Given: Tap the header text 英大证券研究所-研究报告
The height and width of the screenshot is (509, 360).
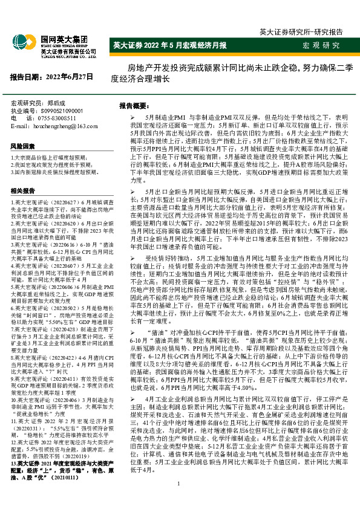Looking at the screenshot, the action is click(x=301, y=31).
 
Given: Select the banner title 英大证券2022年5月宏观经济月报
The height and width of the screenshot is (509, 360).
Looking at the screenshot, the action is click(x=170, y=46).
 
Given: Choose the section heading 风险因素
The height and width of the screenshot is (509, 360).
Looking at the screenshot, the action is click(x=23, y=146).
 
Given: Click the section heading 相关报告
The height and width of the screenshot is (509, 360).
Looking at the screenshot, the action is click(x=23, y=191).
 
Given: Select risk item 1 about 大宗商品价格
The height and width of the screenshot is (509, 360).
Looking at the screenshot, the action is click(x=53, y=157).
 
